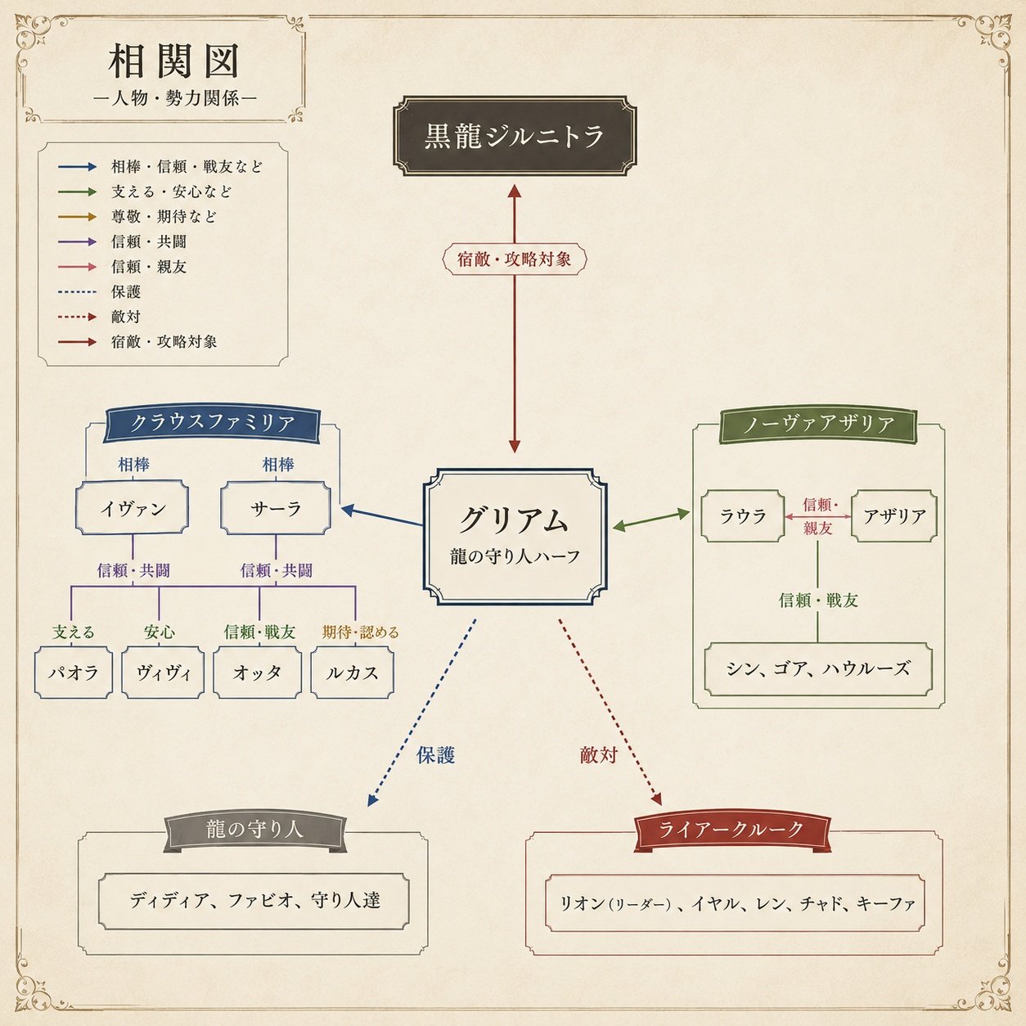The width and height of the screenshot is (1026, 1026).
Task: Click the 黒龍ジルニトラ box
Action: pos(515,136)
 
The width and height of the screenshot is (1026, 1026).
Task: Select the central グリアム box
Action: pos(515,537)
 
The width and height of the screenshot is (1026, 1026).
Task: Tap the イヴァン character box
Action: pos(132,507)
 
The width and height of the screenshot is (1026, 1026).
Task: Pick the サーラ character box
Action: pos(276,507)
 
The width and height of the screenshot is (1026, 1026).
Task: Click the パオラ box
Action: pos(74,673)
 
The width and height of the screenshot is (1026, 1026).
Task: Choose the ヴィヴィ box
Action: pos(163,673)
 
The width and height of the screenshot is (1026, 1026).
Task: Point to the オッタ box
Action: pos(257,673)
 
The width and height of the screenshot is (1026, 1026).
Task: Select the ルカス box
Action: pos(353,673)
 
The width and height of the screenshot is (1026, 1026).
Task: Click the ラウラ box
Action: pos(742,516)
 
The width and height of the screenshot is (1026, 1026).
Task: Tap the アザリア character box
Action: pos(894,516)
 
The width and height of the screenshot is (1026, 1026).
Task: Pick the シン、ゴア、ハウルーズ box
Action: pos(818,668)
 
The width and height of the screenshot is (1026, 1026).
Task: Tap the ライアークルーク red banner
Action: pos(732,830)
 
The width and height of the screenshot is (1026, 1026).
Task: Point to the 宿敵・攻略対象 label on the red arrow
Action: pos(515,259)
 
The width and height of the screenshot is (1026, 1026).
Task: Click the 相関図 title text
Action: pos(173,61)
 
